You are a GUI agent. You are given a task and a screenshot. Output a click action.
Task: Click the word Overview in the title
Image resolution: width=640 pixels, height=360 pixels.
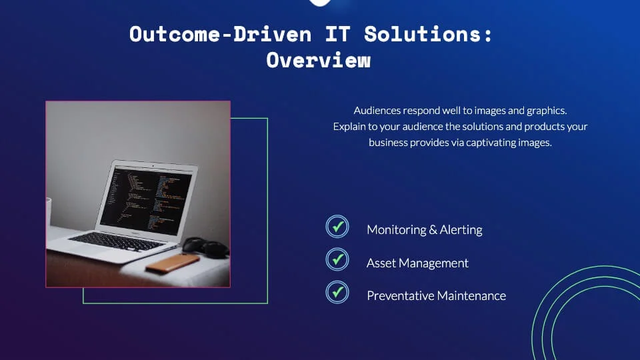pyautogui.click(x=318, y=59)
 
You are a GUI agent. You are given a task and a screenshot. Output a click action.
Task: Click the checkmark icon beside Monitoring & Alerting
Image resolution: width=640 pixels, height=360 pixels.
pyautogui.click(x=337, y=227)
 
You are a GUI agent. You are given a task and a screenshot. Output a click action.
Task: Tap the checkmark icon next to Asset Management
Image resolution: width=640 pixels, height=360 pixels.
pyautogui.click(x=337, y=259)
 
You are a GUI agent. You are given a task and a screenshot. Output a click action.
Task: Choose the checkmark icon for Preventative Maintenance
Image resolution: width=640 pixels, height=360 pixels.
pyautogui.click(x=337, y=292)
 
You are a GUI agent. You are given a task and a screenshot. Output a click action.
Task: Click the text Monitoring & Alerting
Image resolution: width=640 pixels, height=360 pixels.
pyautogui.click(x=424, y=229)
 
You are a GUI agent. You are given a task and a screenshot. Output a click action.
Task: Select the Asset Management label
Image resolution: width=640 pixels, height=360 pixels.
pyautogui.click(x=417, y=263)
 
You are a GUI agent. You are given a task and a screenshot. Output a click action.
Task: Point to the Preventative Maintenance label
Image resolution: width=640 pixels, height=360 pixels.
pyautogui.click(x=436, y=295)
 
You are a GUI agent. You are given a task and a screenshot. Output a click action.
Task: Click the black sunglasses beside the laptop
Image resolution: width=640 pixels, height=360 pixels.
pyautogui.click(x=206, y=247)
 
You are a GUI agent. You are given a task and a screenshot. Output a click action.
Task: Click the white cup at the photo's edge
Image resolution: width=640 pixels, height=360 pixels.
pyautogui.click(x=48, y=211)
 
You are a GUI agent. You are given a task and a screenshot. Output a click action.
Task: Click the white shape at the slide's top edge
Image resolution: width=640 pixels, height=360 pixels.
pyautogui.click(x=321, y=3)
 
